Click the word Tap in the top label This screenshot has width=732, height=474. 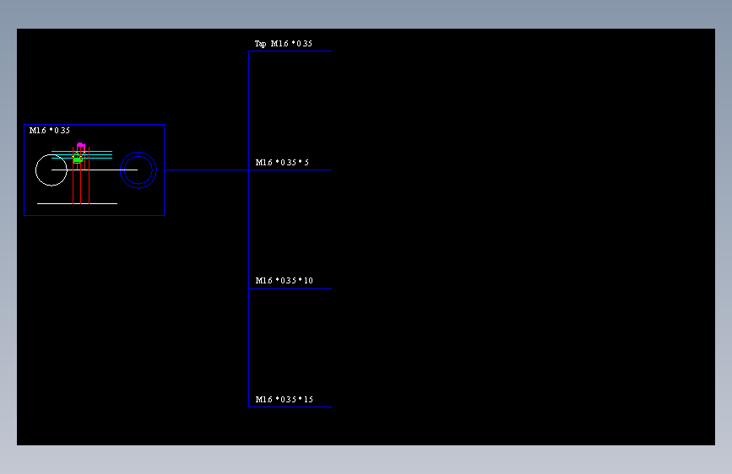[x=260, y=44]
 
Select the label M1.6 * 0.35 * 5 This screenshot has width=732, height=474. [x=282, y=162]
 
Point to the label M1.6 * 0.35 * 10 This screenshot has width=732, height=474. [x=285, y=281]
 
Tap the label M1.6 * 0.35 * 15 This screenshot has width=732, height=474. [x=285, y=400]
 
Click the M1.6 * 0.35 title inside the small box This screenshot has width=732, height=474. [x=50, y=131]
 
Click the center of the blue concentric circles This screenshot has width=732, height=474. [x=138, y=170]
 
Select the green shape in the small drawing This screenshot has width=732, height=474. [x=78, y=159]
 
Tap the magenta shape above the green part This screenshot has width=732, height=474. [x=80, y=145]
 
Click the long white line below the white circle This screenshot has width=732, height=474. [x=77, y=203]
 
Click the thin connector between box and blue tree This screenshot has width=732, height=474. [x=207, y=170]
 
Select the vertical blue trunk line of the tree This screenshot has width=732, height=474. [x=249, y=228]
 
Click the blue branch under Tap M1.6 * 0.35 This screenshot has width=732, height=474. [x=291, y=51]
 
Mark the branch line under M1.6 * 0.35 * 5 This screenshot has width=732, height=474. [x=291, y=170]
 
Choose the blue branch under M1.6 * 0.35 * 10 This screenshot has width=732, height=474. [x=291, y=289]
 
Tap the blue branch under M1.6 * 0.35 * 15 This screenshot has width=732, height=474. [x=291, y=407]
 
